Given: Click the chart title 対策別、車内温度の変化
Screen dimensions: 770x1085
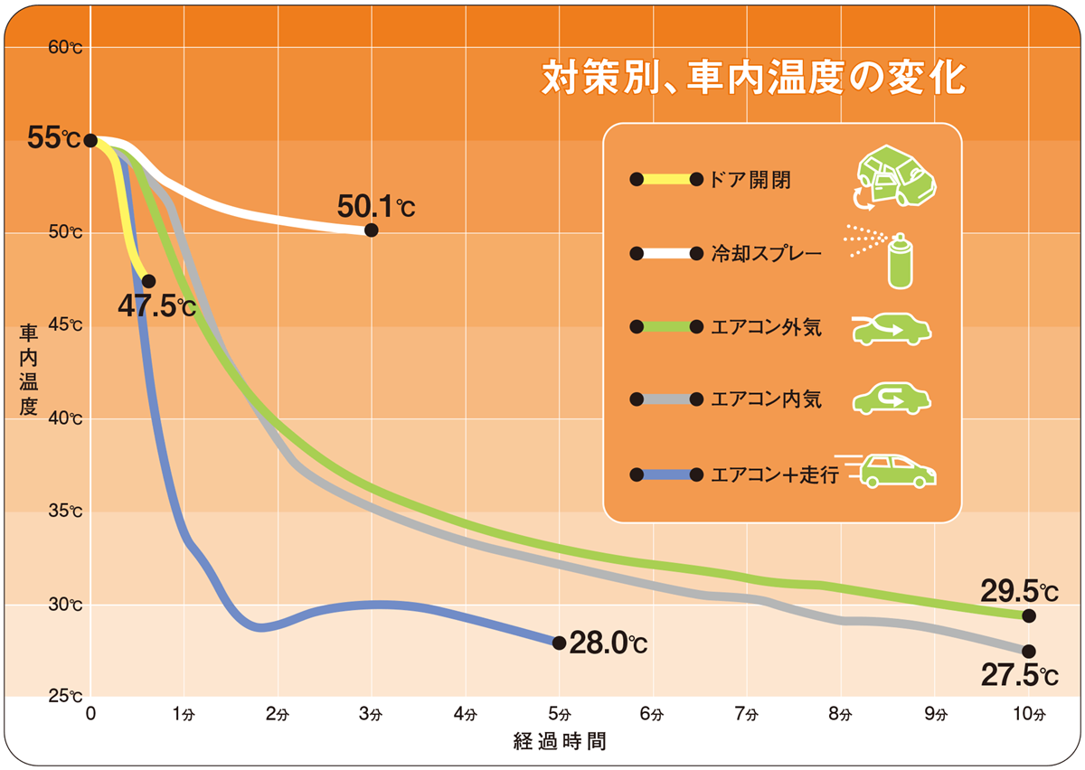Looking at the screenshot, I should click(x=753, y=78).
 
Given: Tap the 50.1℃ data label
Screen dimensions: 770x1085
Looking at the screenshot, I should click(x=376, y=207).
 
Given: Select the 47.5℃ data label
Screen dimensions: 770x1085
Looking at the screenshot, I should click(x=156, y=305).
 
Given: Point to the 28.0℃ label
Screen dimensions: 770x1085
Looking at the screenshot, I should click(x=609, y=644).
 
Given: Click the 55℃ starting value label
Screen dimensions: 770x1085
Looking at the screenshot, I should click(x=54, y=139).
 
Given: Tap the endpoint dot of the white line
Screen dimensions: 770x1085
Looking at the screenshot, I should click(x=371, y=230).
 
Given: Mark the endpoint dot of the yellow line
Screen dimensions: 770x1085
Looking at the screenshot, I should click(x=148, y=281).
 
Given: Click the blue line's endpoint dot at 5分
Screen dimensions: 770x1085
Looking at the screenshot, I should click(x=559, y=643).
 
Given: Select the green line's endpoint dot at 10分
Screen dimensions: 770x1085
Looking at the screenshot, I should click(x=1028, y=615).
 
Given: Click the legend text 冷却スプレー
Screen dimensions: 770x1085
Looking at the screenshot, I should click(x=767, y=254).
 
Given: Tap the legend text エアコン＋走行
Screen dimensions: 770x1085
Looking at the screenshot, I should click(x=775, y=474).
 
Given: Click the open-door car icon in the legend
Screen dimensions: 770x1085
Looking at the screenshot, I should click(x=894, y=177).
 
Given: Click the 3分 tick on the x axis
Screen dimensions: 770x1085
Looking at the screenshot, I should click(x=371, y=714).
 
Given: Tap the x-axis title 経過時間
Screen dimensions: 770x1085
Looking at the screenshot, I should click(x=559, y=742).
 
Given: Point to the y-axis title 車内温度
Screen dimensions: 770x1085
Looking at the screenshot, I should click(x=28, y=371).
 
